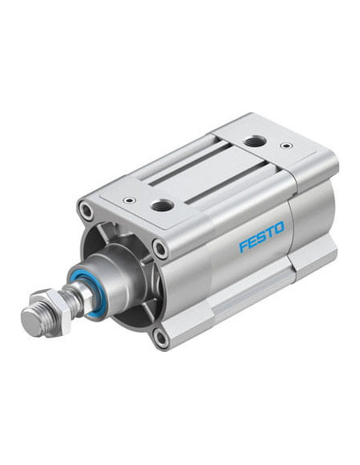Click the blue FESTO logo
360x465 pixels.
(261, 236)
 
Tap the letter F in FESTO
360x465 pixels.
(245, 246)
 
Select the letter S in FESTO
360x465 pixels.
(263, 236)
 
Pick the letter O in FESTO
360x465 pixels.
(279, 227)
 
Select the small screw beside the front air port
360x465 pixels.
(130, 200)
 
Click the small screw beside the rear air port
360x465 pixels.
(286, 146)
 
